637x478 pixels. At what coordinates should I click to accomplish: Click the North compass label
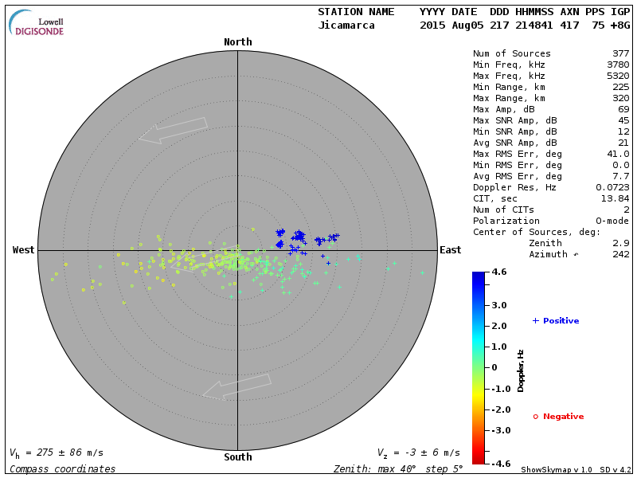237,42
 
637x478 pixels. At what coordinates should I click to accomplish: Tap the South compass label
237,457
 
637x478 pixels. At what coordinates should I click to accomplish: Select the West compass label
24,250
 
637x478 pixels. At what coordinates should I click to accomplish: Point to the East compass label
450,250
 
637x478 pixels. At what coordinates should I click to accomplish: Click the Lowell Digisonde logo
37,23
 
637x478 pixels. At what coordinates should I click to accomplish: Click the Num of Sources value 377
620,54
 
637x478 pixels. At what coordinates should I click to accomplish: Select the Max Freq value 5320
617,76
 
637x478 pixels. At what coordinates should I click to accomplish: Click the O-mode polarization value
611,221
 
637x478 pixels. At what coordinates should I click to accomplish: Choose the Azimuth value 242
620,254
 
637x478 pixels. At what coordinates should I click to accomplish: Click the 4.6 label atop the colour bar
499,272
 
